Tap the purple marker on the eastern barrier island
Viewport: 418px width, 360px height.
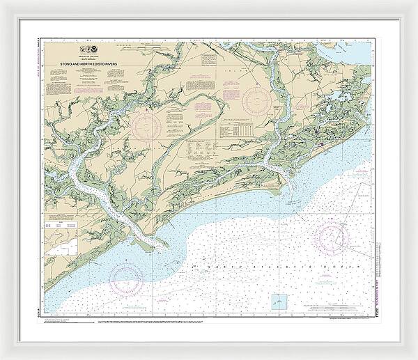[319, 144]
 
